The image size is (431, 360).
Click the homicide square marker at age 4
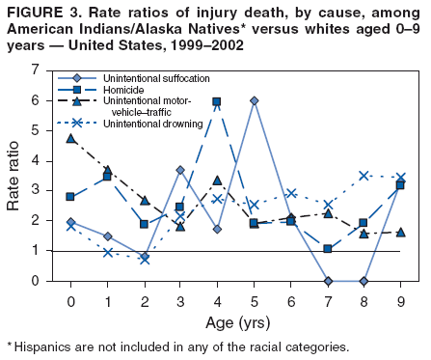217,101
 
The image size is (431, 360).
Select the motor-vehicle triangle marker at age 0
70,138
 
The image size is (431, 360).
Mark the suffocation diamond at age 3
180,170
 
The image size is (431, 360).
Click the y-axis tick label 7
34,70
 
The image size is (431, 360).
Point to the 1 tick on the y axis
34,251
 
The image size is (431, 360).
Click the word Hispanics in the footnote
45,346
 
